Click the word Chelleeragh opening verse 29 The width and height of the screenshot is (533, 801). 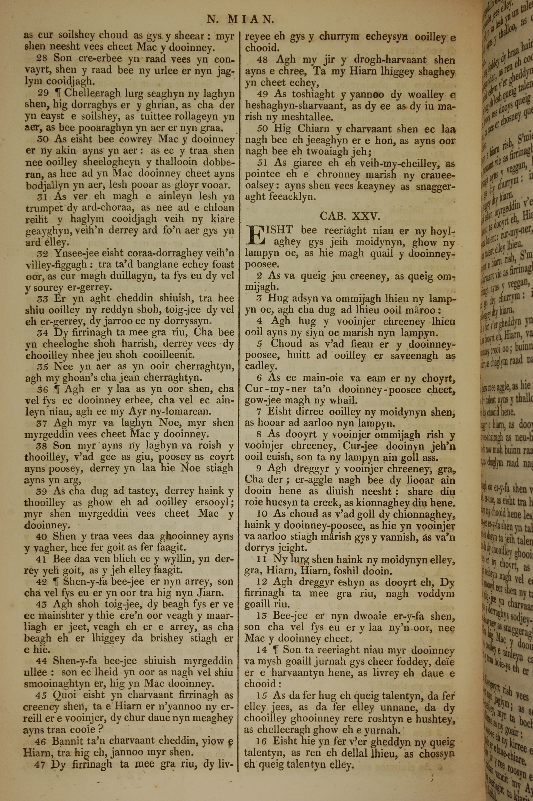click(x=91, y=93)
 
